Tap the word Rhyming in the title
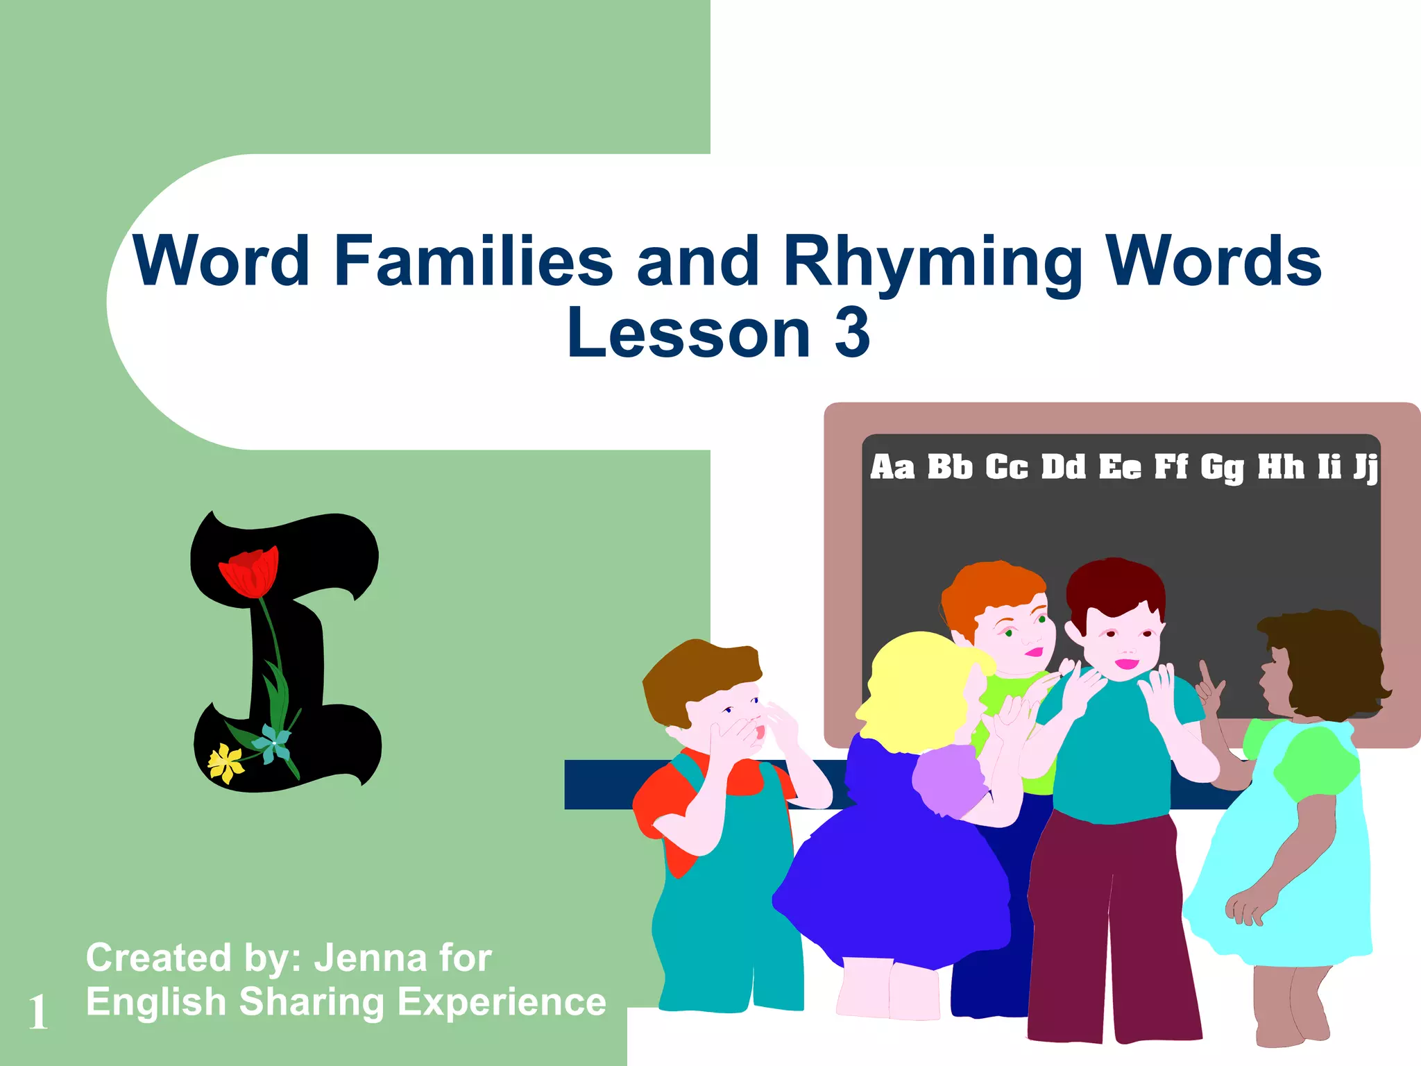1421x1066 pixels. tap(932, 262)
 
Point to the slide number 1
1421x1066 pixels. tap(38, 1012)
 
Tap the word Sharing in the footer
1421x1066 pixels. tap(311, 1003)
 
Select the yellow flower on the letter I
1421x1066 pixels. tap(226, 763)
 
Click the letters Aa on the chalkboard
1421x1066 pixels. tap(892, 467)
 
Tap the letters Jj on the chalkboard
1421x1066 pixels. tap(1364, 468)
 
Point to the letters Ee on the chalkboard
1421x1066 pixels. tap(1119, 467)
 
